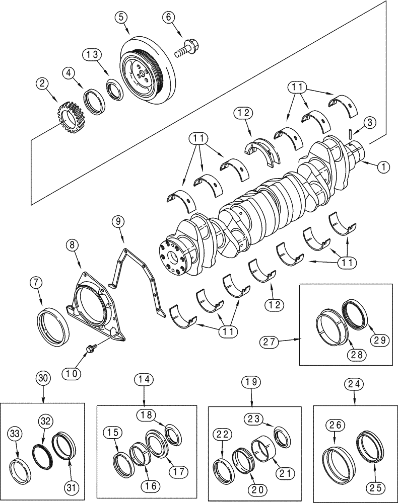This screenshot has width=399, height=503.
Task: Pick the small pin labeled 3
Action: pos(349,135)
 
